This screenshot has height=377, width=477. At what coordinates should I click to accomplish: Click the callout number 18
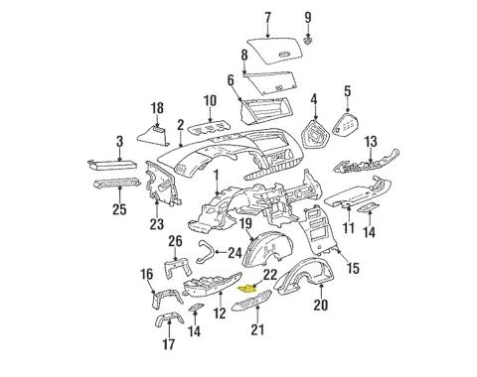click(x=156, y=107)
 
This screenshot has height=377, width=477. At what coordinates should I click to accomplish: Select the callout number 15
click(x=352, y=269)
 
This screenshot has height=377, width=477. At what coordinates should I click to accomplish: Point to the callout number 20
click(x=320, y=306)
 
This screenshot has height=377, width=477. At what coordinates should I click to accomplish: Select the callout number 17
click(x=168, y=346)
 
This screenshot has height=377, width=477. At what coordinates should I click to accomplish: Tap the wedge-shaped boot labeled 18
click(x=156, y=134)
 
